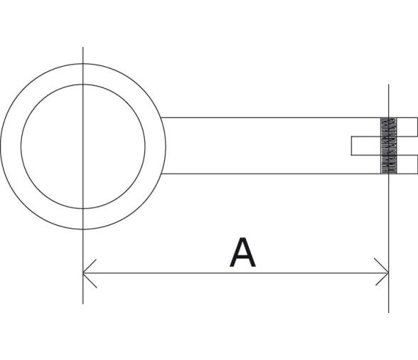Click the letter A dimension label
click(x=242, y=253)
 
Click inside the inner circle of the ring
click(x=83, y=146)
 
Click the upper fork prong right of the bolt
click(x=406, y=126)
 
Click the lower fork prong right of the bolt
click(x=406, y=164)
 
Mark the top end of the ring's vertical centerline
click(x=83, y=48)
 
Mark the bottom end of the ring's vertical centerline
click(x=83, y=303)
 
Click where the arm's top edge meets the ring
click(x=161, y=117)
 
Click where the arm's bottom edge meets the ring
click(x=161, y=174)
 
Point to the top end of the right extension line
click(x=389, y=85)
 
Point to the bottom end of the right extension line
click(x=389, y=312)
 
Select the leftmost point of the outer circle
click(x=1, y=146)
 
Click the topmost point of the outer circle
click(x=83, y=63)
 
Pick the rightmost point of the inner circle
click(x=146, y=146)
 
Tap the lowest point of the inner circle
click(x=83, y=208)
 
